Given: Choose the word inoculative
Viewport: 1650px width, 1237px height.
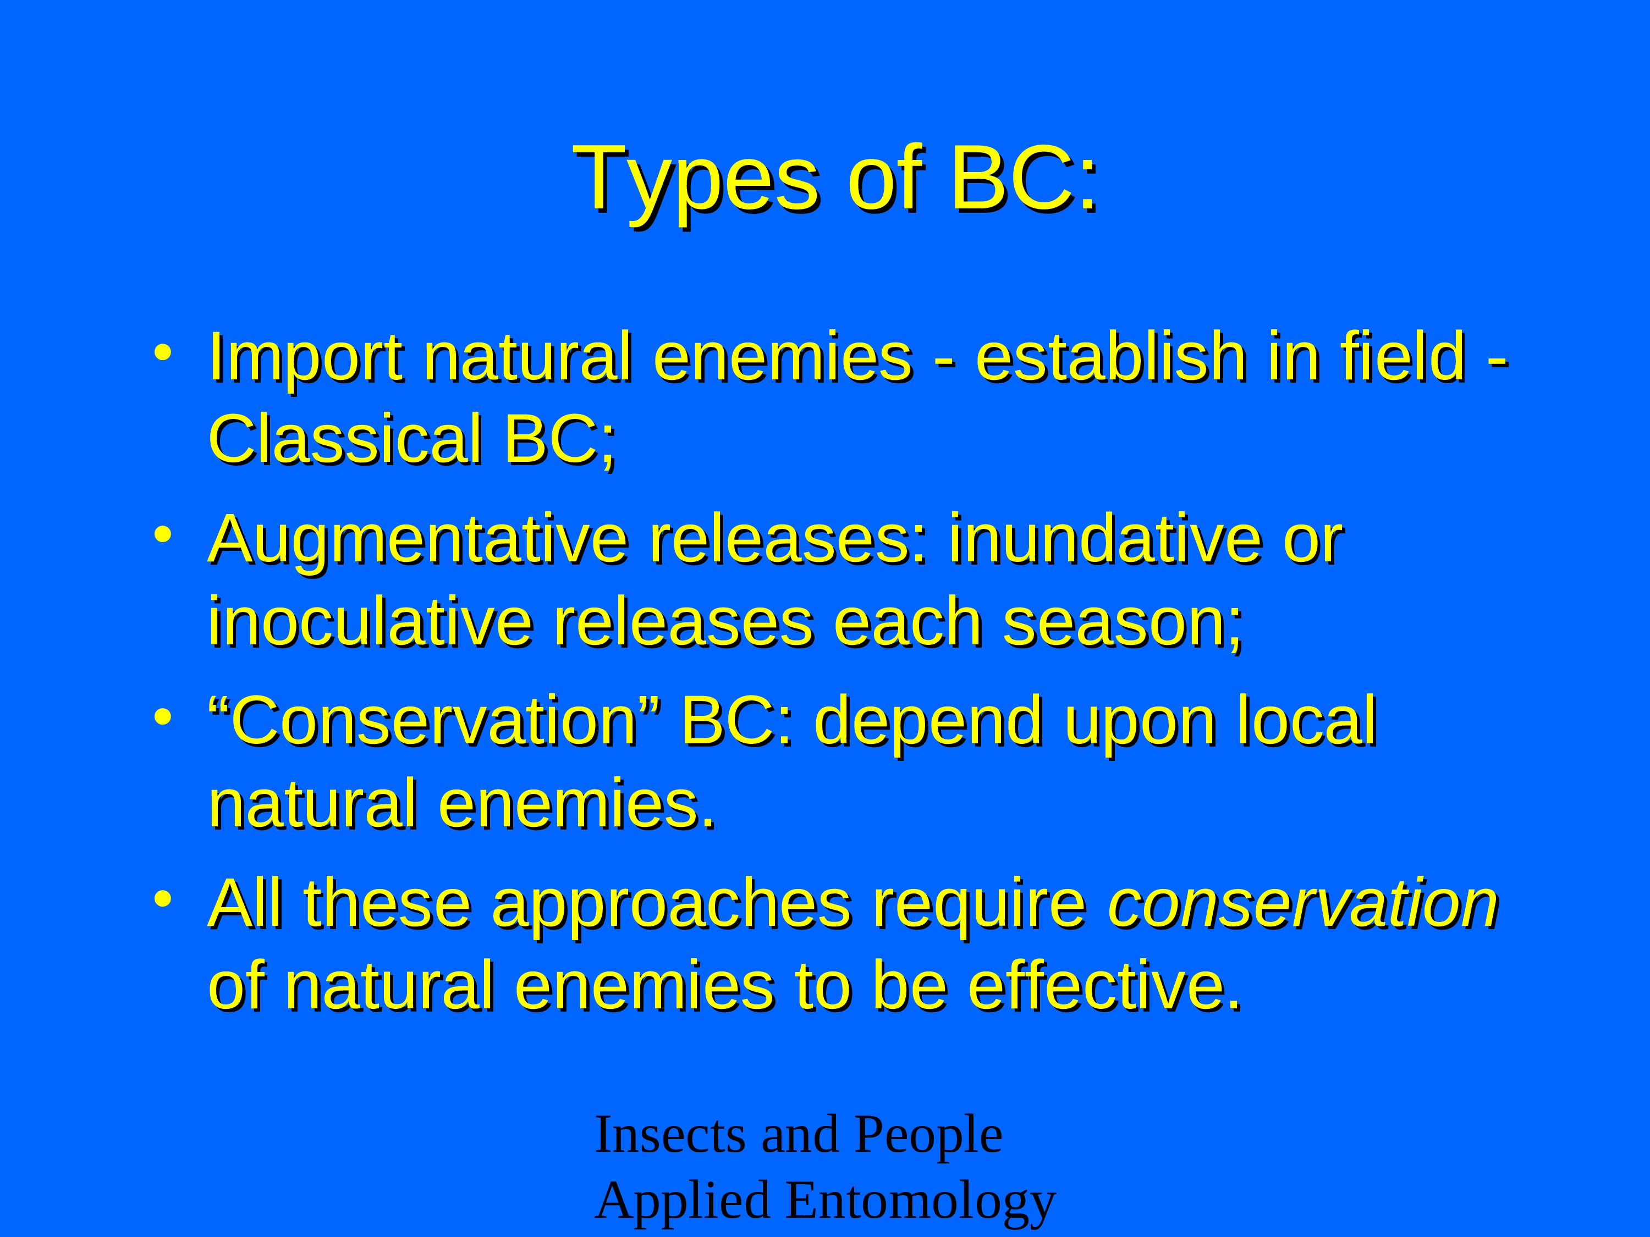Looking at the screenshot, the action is point(371,622).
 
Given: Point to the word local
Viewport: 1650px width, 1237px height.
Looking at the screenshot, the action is point(1307,720).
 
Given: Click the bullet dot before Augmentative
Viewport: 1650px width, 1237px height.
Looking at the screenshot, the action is point(163,534).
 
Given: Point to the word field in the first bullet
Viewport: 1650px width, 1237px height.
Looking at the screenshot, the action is point(1403,357).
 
